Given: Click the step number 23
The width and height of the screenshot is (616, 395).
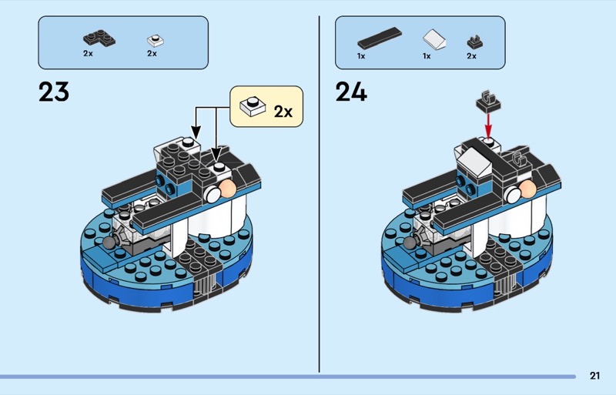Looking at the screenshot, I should (53, 92).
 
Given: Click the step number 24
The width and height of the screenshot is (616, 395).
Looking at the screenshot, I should (351, 92).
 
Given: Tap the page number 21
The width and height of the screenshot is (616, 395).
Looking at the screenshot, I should (594, 376).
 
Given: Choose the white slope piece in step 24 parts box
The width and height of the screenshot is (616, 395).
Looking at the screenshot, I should (434, 39).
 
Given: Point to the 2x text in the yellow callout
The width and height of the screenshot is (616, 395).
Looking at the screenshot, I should (283, 111).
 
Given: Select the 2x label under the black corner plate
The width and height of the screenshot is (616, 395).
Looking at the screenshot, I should (88, 54).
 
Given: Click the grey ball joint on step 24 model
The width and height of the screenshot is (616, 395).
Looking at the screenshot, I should (409, 243).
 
